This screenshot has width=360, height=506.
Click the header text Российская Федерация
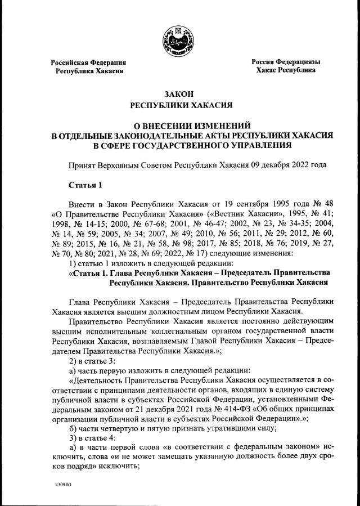(x=88, y=62)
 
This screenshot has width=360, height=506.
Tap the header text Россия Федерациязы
(x=286, y=61)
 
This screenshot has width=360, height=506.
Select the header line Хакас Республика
(x=286, y=70)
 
